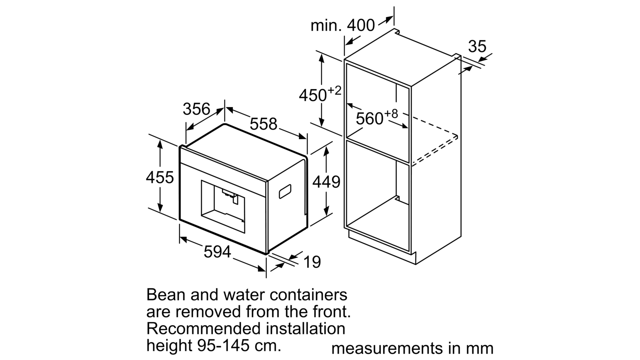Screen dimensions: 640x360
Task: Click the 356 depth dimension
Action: (196, 109)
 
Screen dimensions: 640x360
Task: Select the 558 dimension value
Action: (264, 124)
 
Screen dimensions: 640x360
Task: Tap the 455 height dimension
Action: (160, 177)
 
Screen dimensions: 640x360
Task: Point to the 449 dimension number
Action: (326, 182)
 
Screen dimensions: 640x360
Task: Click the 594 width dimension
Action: (218, 252)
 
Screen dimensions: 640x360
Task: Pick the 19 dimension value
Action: (312, 262)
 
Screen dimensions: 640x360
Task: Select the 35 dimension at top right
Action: (477, 46)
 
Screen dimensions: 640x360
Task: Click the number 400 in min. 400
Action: (360, 26)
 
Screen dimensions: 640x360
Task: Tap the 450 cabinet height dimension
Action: (312, 95)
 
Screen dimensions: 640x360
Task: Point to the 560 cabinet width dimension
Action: (370, 118)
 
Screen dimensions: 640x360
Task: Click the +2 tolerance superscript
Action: (334, 90)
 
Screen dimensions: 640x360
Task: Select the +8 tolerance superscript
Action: (391, 114)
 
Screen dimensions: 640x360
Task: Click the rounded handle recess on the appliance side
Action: (285, 192)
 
